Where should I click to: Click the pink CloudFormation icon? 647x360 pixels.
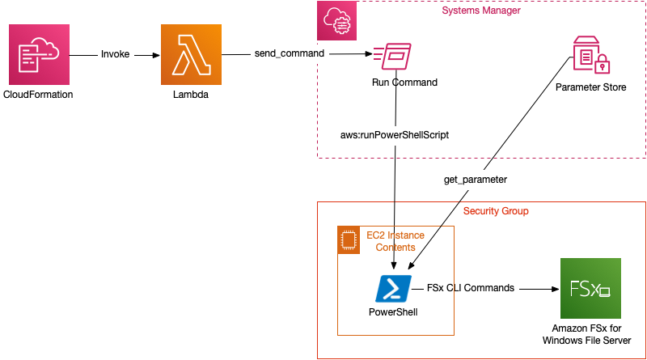[39, 55]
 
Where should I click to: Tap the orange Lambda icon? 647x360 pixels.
[191, 55]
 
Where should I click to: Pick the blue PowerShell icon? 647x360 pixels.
[393, 288]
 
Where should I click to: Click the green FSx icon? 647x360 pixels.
[590, 289]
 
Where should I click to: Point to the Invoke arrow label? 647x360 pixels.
[116, 54]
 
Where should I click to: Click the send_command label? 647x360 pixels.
[289, 53]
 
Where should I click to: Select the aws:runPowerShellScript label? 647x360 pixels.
[395, 135]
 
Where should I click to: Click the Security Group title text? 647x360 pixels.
[496, 211]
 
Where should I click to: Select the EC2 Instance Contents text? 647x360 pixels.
[396, 241]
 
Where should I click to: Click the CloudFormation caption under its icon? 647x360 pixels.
[39, 95]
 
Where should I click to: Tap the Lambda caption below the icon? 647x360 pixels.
[191, 95]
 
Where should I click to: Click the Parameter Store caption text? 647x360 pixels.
[590, 87]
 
